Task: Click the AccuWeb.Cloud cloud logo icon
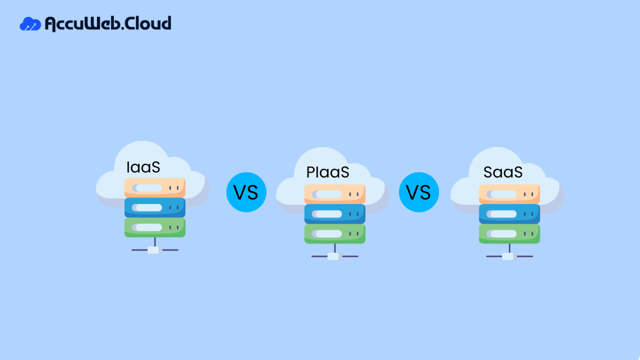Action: [x=30, y=24]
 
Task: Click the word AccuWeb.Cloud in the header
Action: [x=108, y=23]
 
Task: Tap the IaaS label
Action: [x=143, y=167]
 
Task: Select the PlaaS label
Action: [x=327, y=172]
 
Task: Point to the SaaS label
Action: [x=503, y=172]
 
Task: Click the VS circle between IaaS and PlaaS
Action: [x=246, y=192]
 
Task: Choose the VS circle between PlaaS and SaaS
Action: [x=419, y=192]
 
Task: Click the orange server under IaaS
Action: [x=155, y=188]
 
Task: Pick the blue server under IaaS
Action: [x=155, y=207]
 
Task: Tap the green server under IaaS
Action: [x=155, y=227]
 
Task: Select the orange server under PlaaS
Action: [x=335, y=194]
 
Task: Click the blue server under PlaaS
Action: [x=335, y=213]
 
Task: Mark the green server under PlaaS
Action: [x=335, y=233]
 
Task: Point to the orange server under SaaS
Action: [x=509, y=194]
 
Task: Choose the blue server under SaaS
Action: [x=509, y=213]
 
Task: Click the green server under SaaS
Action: [x=509, y=233]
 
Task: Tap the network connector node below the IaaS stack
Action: [x=153, y=250]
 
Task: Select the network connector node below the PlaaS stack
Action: [x=333, y=256]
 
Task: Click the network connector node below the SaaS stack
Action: [x=508, y=256]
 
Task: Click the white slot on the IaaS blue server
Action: [x=148, y=207]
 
